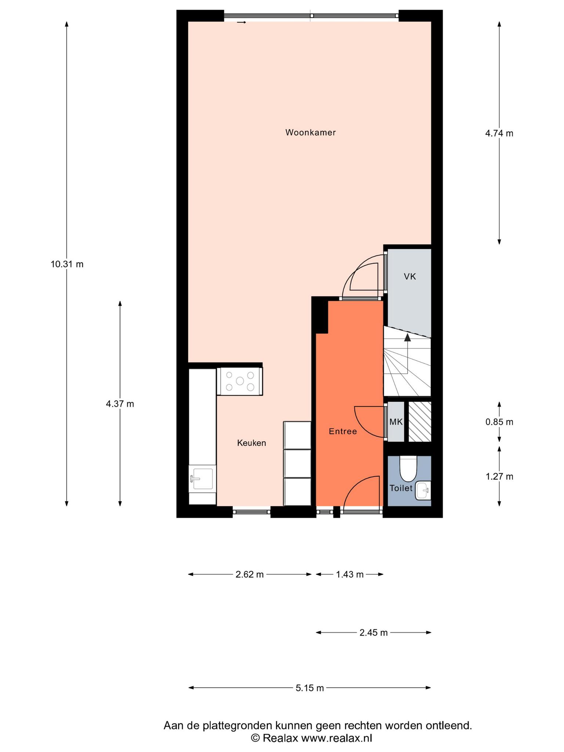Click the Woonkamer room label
(311, 133)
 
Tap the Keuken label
(252, 443)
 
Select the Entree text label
(343, 431)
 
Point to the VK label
(410, 277)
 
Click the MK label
(396, 422)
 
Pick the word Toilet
(401, 488)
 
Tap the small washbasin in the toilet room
(423, 491)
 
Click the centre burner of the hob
(240, 381)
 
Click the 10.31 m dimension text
(67, 264)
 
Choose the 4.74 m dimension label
(499, 133)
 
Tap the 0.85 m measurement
(499, 422)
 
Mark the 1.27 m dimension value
(499, 477)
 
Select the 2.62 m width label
(250, 574)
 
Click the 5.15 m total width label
(310, 688)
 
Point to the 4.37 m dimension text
(120, 404)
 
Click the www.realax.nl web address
(337, 738)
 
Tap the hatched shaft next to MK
(420, 422)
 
